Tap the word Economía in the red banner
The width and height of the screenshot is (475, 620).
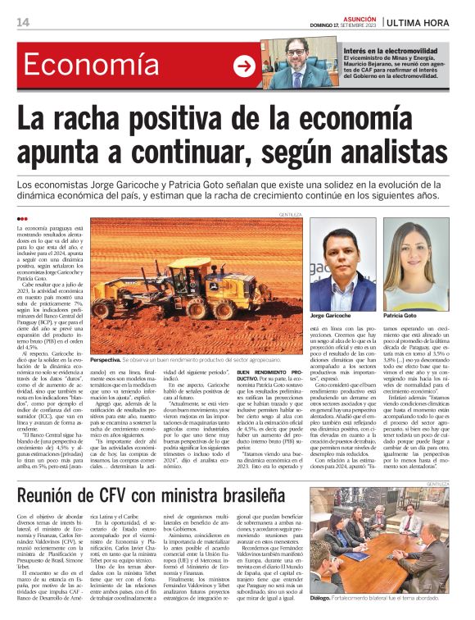coord(80,65)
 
